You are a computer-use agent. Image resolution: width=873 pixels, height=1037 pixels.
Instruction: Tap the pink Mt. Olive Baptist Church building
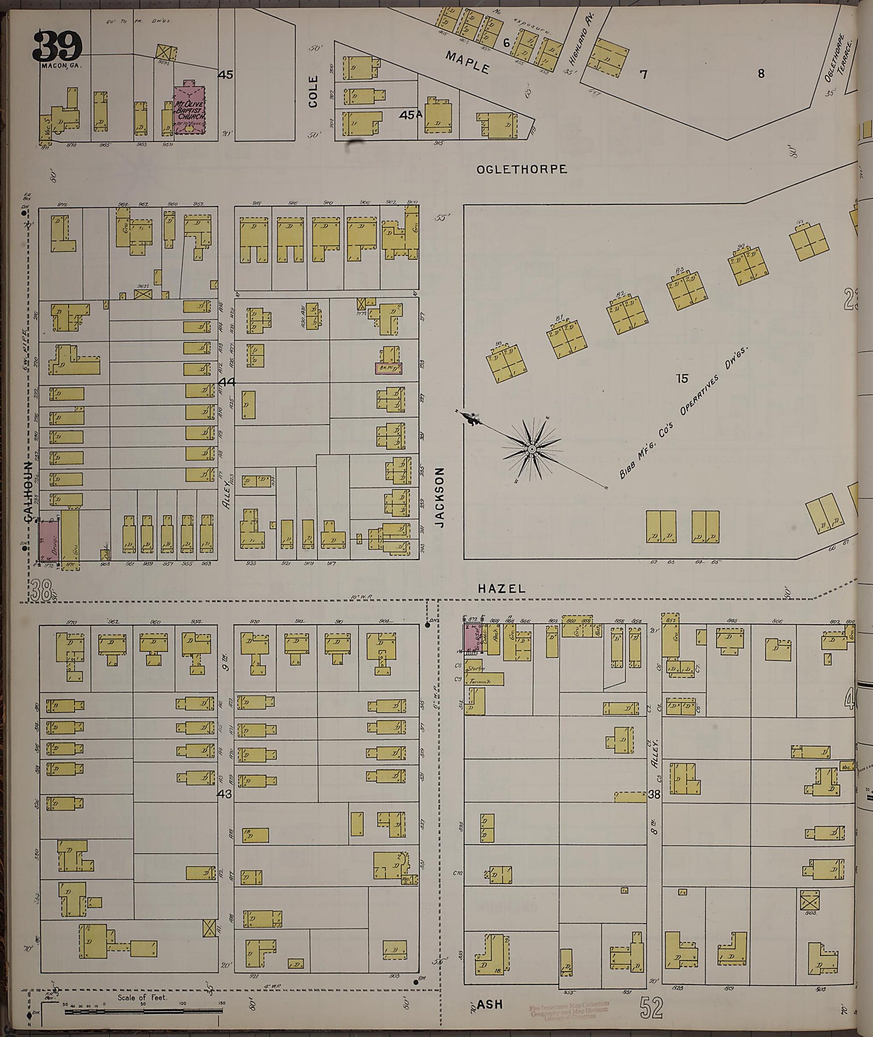click(190, 110)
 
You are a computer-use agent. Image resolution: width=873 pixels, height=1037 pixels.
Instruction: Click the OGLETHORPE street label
click(521, 169)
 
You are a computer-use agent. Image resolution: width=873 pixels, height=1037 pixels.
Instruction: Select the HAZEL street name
click(501, 589)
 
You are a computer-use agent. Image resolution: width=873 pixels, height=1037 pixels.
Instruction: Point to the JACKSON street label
click(439, 497)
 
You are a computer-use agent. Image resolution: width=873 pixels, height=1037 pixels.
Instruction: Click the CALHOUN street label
click(27, 492)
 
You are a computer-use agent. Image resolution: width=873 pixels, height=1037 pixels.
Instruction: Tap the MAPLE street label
click(467, 62)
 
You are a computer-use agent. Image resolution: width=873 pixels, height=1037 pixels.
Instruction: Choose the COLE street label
click(314, 91)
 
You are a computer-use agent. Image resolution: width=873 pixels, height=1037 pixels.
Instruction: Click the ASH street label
click(489, 1004)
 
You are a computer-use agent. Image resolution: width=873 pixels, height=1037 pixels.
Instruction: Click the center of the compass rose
click(532, 450)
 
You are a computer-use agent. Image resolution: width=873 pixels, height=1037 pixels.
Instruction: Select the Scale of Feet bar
click(143, 1012)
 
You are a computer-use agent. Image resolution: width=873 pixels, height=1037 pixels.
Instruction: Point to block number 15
click(682, 378)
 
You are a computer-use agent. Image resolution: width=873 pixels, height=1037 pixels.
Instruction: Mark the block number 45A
click(410, 115)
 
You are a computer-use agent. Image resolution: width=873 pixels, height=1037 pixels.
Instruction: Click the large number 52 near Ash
click(652, 1008)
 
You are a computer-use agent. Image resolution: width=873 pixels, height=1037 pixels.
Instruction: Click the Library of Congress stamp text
click(569, 1011)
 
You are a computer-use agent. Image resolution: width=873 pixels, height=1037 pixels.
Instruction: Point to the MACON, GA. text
click(61, 65)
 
